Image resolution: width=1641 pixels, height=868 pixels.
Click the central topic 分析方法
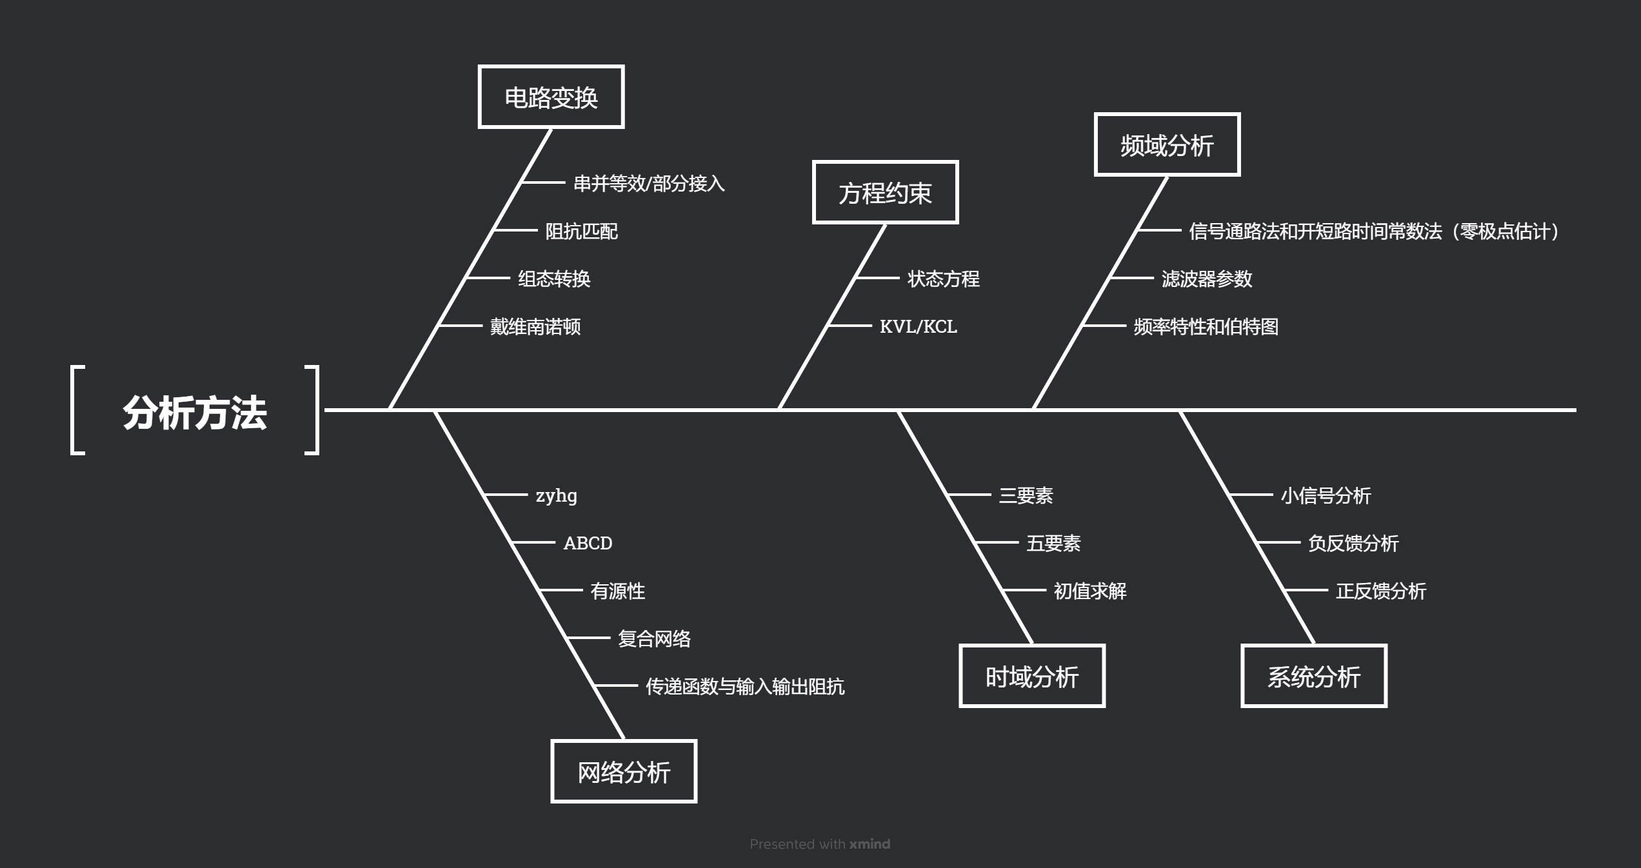(194, 412)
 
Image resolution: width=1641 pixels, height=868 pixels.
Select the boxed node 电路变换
(551, 97)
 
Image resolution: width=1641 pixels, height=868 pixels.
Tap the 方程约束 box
(885, 193)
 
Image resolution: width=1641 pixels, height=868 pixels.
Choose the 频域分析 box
(1167, 145)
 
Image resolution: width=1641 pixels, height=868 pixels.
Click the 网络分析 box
(624, 772)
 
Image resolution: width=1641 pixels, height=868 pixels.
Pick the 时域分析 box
(1032, 676)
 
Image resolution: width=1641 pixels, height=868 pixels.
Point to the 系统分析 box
(1314, 676)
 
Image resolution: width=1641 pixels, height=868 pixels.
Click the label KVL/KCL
(918, 326)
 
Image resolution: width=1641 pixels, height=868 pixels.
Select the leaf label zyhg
(556, 495)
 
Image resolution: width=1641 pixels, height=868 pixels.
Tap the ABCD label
(588, 543)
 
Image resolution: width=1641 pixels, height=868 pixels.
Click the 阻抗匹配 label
(581, 231)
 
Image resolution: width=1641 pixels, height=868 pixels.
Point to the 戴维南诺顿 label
(535, 326)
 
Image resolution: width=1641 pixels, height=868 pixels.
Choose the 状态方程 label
(943, 279)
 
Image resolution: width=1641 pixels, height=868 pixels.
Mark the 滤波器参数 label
(1206, 279)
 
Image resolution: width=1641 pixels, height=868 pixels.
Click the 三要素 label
(1026, 495)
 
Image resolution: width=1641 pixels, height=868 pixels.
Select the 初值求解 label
(1089, 591)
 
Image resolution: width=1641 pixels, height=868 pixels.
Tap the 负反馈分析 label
(1353, 543)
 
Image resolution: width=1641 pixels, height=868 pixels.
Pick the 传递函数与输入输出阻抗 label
(745, 686)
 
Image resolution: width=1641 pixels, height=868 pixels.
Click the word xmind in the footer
(870, 844)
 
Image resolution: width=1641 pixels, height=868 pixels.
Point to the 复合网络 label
(654, 638)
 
